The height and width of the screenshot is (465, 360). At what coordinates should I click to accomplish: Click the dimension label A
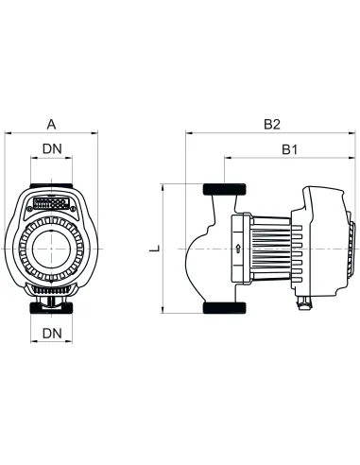coord(51,123)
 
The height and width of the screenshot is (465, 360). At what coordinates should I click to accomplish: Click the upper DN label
coord(52,148)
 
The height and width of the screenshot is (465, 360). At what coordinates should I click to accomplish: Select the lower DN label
coord(52,334)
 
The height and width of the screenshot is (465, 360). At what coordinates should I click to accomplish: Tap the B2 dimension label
coord(272,123)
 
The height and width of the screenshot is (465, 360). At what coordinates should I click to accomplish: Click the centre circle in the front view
coord(52,248)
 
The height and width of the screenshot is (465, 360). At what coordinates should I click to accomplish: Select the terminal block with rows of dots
coord(52,202)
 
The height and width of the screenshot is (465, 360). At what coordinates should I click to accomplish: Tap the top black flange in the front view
coord(52,186)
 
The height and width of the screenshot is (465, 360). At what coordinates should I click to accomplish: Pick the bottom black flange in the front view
coord(52,308)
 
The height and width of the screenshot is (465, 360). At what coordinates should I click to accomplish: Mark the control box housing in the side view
coord(326,241)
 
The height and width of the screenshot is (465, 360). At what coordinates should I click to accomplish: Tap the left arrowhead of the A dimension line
coord(9,134)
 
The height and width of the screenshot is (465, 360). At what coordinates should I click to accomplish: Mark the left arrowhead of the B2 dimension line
coord(187,134)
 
